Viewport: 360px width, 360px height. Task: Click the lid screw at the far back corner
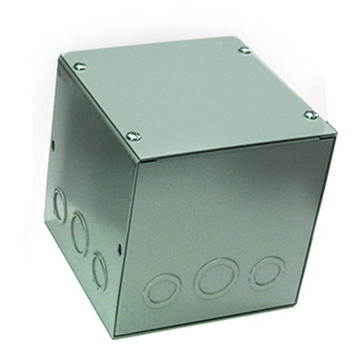pyautogui.click(x=244, y=50)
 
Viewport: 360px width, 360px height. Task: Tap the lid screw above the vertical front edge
pyautogui.click(x=133, y=136)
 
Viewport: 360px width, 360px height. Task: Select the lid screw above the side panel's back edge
pyautogui.click(x=80, y=66)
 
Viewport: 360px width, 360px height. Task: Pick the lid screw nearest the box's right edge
pyautogui.click(x=310, y=115)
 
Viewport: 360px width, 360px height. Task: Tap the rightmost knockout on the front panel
pyautogui.click(x=267, y=272)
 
